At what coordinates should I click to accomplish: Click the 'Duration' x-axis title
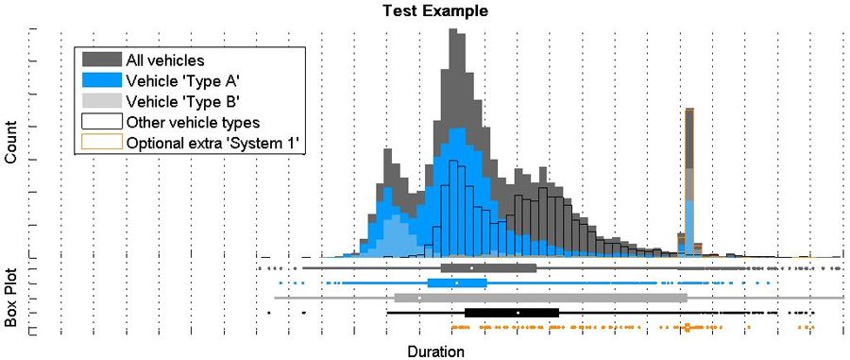tap(435, 351)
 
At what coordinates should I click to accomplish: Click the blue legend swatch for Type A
tap(102, 81)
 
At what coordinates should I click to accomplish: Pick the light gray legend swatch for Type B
tap(102, 101)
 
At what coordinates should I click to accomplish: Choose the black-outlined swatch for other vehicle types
tap(102, 122)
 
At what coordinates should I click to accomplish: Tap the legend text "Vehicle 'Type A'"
tap(183, 81)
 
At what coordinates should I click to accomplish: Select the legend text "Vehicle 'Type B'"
tap(183, 101)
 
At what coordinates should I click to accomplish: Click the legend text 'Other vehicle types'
tap(193, 122)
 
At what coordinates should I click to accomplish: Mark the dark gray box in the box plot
tap(488, 268)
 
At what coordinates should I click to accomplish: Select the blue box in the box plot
tap(457, 283)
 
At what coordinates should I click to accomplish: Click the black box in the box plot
tap(511, 312)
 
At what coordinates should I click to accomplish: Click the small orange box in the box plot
tap(687, 327)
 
